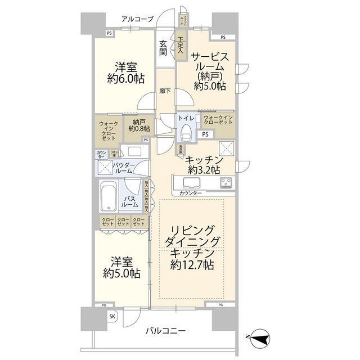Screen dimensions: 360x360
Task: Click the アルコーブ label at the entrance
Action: [x=137, y=20]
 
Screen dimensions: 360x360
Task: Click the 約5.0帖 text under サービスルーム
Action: [x=210, y=85]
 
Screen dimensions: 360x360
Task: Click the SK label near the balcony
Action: [x=112, y=317]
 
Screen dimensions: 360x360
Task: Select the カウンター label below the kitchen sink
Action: [x=191, y=193]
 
